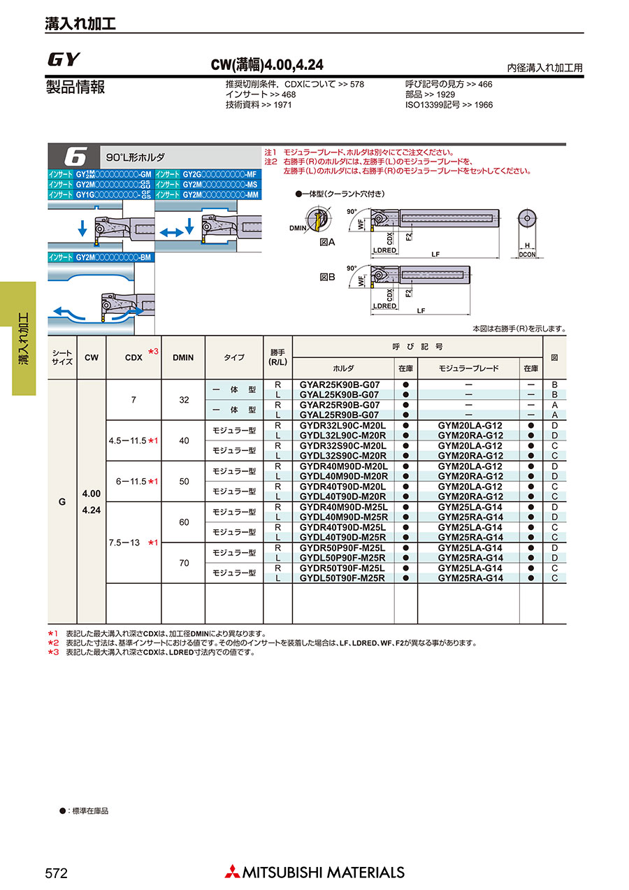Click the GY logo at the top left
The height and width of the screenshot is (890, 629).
click(64, 59)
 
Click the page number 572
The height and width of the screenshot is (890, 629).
click(56, 873)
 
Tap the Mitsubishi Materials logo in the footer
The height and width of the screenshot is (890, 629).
click(314, 872)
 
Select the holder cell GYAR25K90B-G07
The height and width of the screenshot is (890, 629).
click(340, 385)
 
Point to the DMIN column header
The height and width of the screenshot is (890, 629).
click(183, 357)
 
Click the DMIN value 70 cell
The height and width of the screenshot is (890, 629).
click(183, 562)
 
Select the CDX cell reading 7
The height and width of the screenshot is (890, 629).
click(133, 400)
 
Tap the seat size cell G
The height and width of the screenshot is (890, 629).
click(62, 501)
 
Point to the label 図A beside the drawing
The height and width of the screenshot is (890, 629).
click(328, 241)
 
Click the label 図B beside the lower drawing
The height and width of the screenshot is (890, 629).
click(328, 278)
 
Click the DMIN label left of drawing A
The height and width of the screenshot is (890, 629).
click(298, 229)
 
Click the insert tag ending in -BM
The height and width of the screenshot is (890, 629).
click(100, 257)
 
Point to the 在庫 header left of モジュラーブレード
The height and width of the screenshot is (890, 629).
click(405, 368)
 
